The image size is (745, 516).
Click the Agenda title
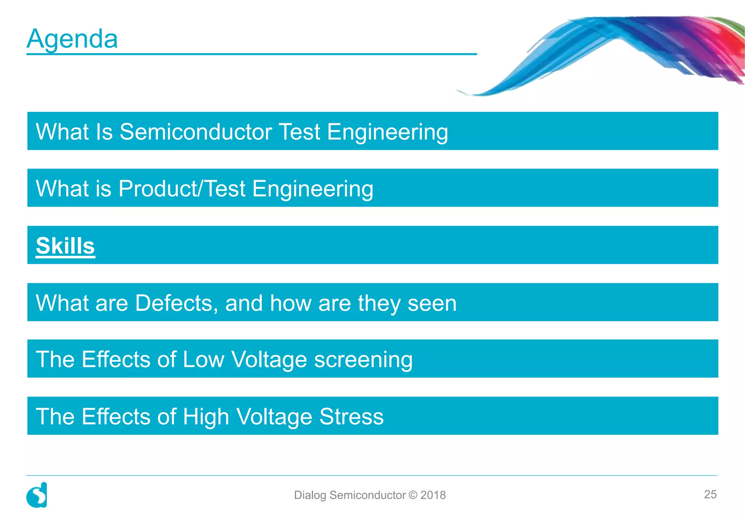tap(72, 39)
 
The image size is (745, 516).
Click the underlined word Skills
tap(65, 246)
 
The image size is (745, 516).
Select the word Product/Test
tap(182, 188)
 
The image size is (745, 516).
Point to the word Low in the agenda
tap(203, 360)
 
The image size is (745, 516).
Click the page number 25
tap(710, 494)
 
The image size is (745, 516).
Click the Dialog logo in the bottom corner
tap(37, 495)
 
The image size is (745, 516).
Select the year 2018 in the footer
tap(433, 495)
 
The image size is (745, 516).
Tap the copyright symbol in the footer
tap(413, 495)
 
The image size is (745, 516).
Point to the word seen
tap(432, 303)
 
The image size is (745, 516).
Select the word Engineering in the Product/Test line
tap(312, 189)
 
